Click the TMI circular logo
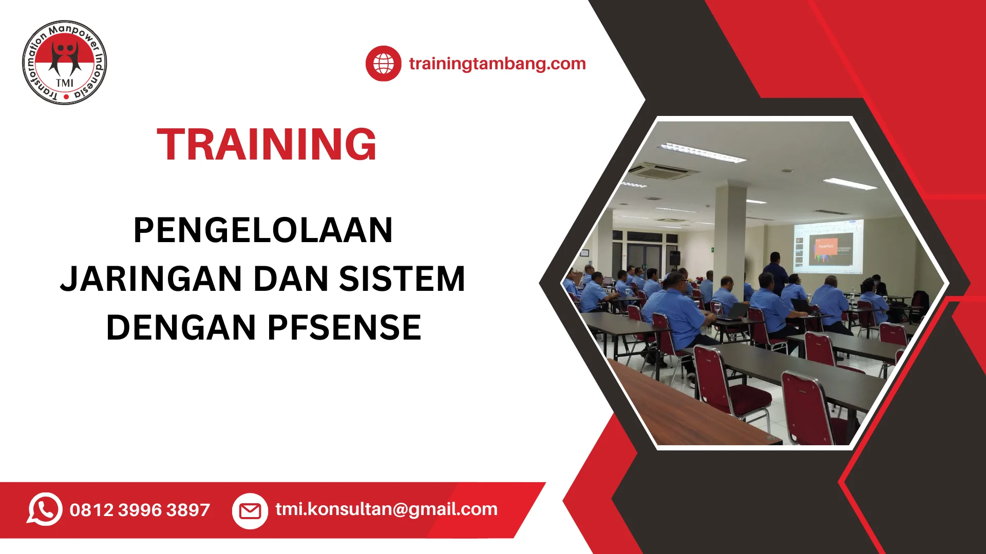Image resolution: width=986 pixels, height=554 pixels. (65, 63)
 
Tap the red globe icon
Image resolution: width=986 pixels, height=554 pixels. (384, 64)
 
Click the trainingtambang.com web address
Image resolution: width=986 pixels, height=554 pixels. (497, 64)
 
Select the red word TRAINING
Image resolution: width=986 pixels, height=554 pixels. (267, 145)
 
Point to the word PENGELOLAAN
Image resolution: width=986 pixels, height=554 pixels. (263, 230)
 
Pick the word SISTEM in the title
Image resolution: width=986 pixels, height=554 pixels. (402, 279)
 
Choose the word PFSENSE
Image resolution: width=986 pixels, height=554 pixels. (345, 328)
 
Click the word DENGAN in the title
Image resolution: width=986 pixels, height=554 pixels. (181, 328)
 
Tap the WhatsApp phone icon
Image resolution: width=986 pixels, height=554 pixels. (45, 509)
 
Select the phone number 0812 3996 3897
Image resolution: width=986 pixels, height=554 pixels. (140, 510)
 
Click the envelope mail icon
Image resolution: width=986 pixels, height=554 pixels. (250, 511)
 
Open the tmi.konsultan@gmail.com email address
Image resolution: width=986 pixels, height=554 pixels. (387, 509)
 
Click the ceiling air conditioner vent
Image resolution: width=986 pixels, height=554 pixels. (664, 171)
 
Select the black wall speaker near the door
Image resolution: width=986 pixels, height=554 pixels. (674, 258)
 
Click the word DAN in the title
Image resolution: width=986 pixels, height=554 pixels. (291, 279)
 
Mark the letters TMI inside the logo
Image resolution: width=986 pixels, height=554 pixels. (65, 83)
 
